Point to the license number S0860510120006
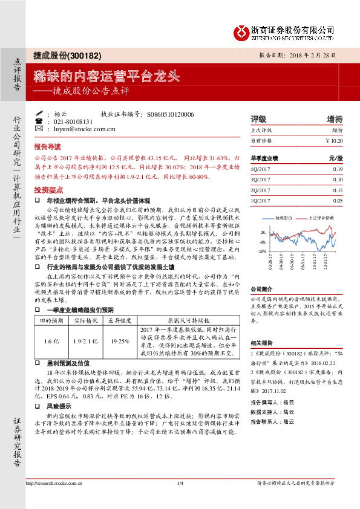(x=171, y=114)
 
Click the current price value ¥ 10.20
(x=333, y=140)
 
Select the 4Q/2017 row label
(x=259, y=170)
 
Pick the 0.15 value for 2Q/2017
(x=338, y=190)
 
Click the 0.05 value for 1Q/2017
(x=338, y=200)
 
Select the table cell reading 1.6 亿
(x=50, y=341)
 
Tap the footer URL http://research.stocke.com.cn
(x=57, y=484)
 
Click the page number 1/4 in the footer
(x=180, y=484)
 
